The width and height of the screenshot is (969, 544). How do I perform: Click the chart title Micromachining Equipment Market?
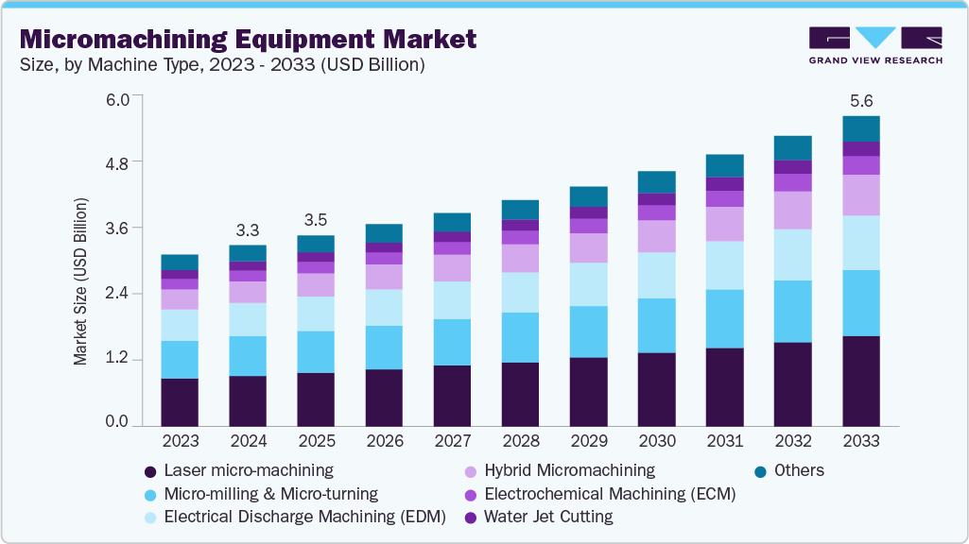(248, 39)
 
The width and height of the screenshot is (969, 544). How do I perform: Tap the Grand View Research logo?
(874, 44)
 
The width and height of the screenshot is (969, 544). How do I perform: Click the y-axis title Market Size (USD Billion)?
(81, 281)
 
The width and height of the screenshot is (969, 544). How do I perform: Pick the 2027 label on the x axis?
(452, 441)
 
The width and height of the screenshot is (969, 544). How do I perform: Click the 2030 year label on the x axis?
(656, 441)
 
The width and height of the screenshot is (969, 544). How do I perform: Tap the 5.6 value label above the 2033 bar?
(860, 100)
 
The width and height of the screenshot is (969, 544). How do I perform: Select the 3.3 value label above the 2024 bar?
(248, 229)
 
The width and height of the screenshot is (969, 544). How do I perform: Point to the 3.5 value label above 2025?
(316, 220)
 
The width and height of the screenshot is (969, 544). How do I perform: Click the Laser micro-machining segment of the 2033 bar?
(860, 381)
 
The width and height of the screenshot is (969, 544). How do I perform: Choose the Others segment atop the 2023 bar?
(180, 262)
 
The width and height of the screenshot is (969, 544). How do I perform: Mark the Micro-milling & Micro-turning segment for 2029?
(588, 331)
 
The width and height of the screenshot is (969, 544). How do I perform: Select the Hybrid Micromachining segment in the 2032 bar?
(792, 210)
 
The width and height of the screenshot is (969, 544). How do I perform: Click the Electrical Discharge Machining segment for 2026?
(384, 307)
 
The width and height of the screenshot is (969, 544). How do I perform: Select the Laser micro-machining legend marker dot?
(149, 470)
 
